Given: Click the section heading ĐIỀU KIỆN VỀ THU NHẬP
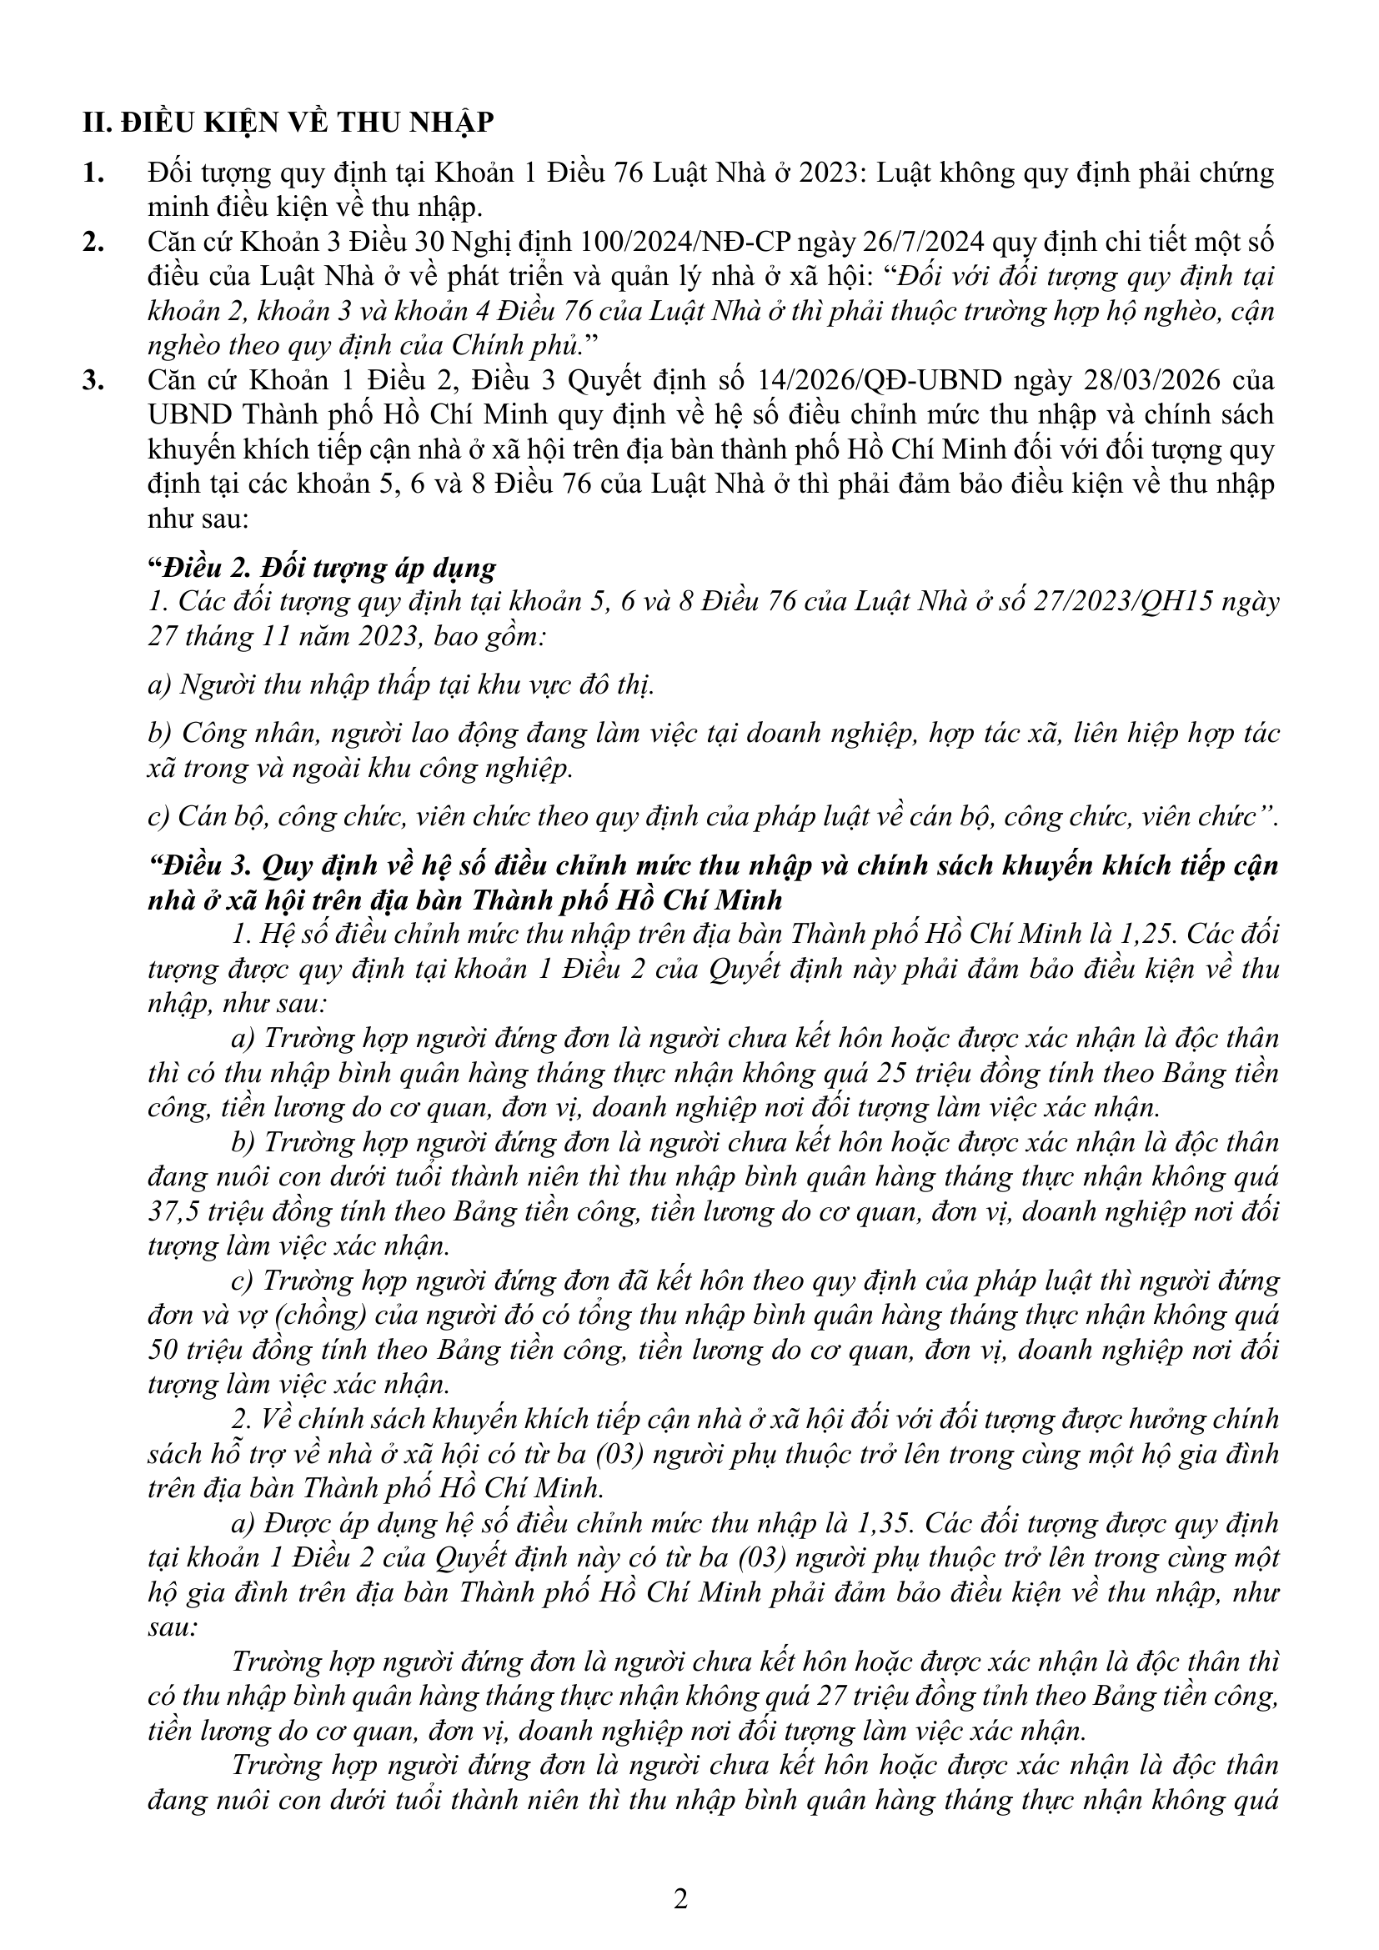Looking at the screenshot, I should [306, 123].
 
